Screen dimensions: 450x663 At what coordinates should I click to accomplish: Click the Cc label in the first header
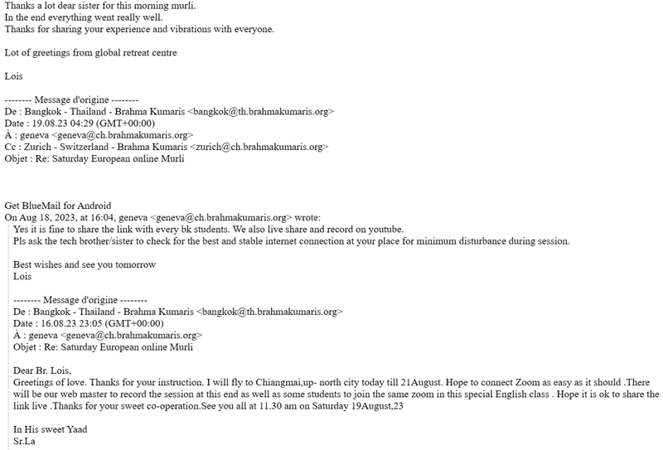(11, 147)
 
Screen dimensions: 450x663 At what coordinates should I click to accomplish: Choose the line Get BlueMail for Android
(58, 206)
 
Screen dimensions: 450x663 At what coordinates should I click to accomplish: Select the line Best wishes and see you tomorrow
(85, 264)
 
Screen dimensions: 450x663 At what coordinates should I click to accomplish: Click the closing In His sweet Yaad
(51, 429)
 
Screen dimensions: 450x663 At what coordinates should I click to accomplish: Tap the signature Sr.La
(24, 441)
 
